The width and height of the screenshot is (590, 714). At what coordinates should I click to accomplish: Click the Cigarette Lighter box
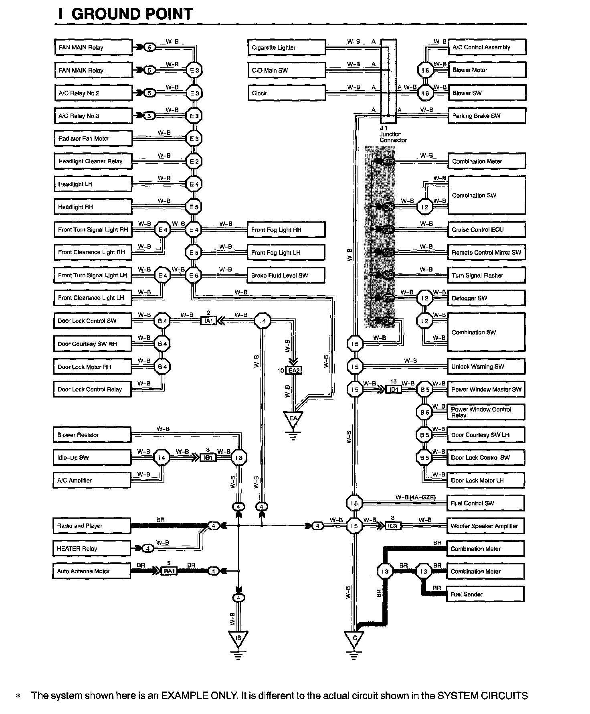[x=286, y=47]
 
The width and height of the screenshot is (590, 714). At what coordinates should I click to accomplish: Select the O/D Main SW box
[x=286, y=70]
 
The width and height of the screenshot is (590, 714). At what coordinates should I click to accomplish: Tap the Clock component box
[x=286, y=93]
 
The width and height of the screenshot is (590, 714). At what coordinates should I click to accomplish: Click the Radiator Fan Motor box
[x=93, y=139]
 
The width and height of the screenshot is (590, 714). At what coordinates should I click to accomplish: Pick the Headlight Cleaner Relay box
[x=93, y=161]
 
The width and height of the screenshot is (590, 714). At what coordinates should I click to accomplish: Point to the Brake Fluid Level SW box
[x=286, y=275]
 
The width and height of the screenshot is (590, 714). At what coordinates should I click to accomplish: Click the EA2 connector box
[x=294, y=371]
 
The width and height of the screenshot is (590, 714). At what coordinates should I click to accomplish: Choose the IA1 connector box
[x=208, y=321]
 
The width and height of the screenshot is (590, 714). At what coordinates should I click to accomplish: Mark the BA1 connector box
[x=168, y=571]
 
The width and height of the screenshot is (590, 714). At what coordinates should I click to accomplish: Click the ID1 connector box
[x=393, y=389]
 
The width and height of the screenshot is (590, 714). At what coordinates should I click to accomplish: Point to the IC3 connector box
[x=392, y=526]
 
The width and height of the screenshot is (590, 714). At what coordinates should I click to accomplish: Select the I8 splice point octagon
[x=239, y=458]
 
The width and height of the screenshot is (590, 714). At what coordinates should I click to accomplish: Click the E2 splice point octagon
[x=194, y=161]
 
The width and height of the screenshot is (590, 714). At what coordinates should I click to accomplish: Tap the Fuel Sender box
[x=485, y=594]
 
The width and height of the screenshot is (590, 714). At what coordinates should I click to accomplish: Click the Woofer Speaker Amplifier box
[x=485, y=526]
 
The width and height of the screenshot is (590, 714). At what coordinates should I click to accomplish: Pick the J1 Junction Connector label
[x=392, y=134]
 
